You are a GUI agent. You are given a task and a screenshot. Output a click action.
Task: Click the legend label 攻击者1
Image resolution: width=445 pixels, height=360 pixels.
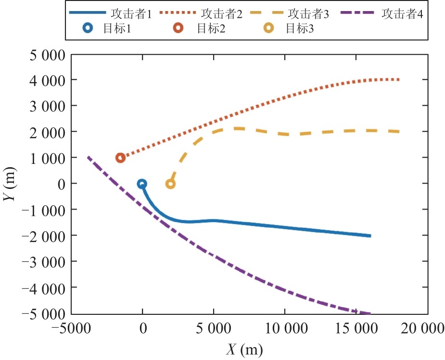(x=131, y=13)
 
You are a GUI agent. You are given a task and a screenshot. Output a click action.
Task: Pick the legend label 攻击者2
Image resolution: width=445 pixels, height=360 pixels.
(x=222, y=13)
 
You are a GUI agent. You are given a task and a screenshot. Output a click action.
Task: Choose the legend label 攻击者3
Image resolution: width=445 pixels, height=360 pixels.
(x=308, y=13)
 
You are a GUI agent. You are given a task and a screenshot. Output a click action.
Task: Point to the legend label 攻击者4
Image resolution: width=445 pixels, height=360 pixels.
(x=402, y=13)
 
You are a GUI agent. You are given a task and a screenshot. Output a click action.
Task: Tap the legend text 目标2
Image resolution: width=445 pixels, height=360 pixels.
(x=211, y=28)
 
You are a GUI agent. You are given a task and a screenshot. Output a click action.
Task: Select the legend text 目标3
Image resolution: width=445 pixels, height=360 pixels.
(x=300, y=28)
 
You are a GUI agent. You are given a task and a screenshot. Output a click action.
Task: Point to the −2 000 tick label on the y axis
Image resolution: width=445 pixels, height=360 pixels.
(x=43, y=236)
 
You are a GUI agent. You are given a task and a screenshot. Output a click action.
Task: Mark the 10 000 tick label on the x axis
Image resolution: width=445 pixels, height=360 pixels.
(x=286, y=329)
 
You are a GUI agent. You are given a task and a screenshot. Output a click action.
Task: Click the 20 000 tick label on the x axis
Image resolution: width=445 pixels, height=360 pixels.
(x=422, y=329)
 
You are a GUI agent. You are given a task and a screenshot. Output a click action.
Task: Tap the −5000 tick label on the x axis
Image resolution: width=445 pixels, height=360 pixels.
(x=71, y=329)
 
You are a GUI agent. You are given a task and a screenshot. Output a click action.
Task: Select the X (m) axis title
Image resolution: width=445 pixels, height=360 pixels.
(x=244, y=349)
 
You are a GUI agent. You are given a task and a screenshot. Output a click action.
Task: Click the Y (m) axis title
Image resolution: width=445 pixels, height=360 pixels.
(x=10, y=184)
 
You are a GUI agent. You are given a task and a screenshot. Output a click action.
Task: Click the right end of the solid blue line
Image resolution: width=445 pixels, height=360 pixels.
(x=370, y=236)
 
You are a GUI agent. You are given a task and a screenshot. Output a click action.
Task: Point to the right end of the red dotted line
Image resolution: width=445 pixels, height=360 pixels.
(x=398, y=80)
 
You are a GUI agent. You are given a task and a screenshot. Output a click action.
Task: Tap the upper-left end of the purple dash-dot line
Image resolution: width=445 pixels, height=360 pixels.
(x=88, y=157)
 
